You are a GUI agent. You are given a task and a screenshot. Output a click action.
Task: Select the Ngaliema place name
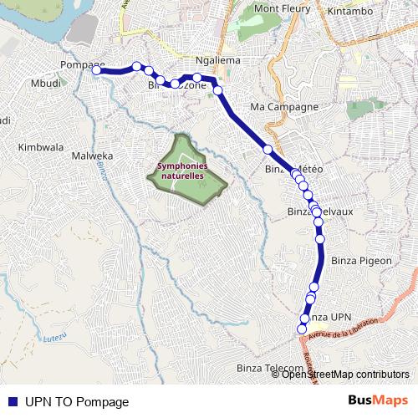point(217,61)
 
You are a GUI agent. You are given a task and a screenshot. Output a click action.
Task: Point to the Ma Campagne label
point(284,108)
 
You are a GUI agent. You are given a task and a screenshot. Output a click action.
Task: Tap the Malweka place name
point(92,155)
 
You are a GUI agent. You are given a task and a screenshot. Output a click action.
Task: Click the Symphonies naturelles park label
point(181,171)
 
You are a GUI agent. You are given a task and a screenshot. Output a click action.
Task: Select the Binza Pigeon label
point(361,260)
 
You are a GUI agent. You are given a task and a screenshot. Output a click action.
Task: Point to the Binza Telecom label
point(269,368)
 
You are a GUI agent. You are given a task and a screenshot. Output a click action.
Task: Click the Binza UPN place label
point(326,318)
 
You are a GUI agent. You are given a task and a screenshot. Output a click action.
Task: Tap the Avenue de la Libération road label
point(344,329)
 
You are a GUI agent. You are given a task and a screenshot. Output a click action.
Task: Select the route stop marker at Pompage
point(97,71)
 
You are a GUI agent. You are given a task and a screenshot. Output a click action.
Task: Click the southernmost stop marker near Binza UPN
point(303,329)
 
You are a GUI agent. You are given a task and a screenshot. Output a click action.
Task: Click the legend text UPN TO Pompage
point(77,401)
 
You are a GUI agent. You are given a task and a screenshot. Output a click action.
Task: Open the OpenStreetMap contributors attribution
point(345,375)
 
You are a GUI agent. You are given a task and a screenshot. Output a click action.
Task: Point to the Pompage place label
point(82,65)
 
